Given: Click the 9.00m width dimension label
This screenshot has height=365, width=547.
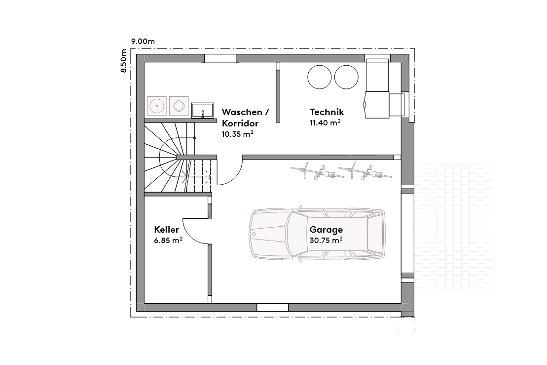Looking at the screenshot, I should tap(143, 41).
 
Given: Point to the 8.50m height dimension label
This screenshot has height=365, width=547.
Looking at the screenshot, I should tap(124, 61).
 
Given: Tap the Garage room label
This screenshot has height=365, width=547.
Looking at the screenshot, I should tap(326, 230).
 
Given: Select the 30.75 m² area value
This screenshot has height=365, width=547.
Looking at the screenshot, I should tap(326, 241).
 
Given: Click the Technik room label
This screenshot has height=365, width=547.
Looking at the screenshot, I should tap(327, 112).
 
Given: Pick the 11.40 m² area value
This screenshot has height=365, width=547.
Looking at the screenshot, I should tap(326, 123).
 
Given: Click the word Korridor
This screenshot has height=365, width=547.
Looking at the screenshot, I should tap(240, 123).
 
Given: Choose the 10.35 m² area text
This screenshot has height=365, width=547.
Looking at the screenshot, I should tap(238, 134).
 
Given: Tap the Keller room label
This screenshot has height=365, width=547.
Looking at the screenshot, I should tap(166, 230).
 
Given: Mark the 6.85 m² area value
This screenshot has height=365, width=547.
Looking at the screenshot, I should tap(168, 241).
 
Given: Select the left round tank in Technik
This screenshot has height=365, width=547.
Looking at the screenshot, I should tap(319, 77).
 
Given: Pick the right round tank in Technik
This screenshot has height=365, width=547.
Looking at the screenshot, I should tap(346, 77).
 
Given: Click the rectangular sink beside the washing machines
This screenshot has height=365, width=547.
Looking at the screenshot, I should tap(202, 110).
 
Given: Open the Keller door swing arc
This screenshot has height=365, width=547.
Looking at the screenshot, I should tap(195, 231).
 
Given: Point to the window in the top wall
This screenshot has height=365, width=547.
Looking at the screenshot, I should tap(220, 58).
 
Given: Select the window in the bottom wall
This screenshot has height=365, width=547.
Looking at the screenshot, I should tap(272, 307).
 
